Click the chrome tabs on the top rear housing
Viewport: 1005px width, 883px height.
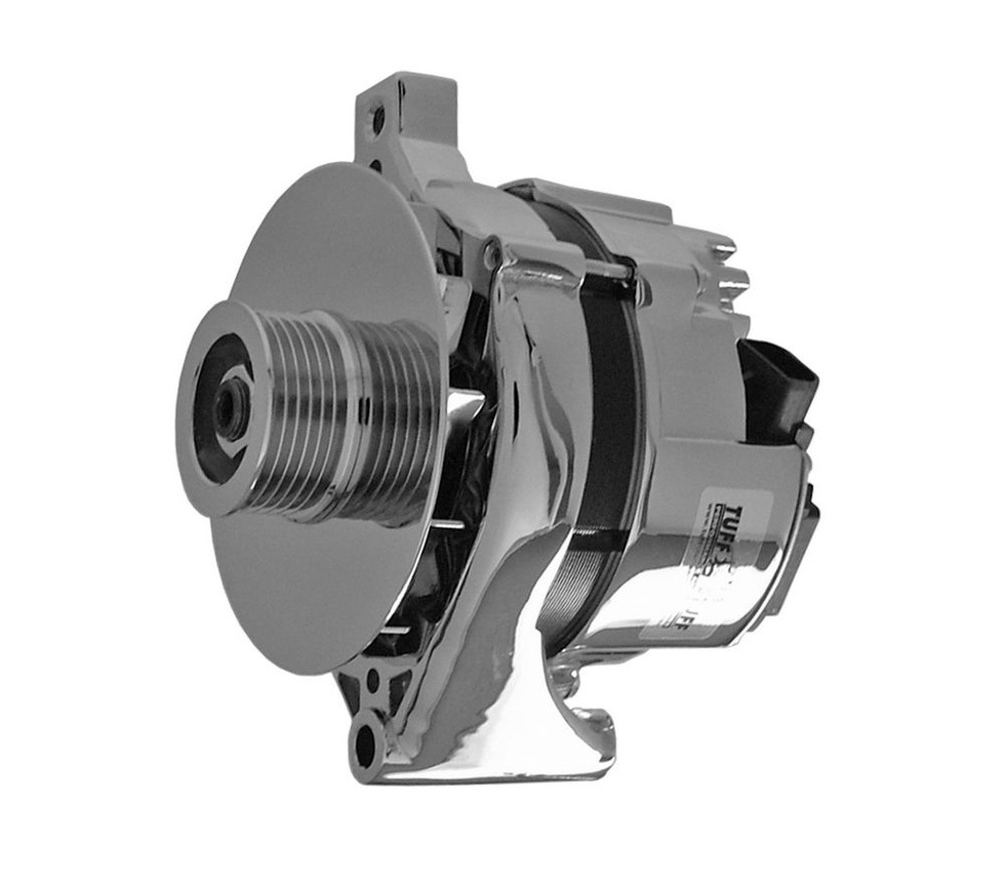click(x=730, y=265)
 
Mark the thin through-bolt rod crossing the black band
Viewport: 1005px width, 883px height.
click(x=608, y=280)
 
